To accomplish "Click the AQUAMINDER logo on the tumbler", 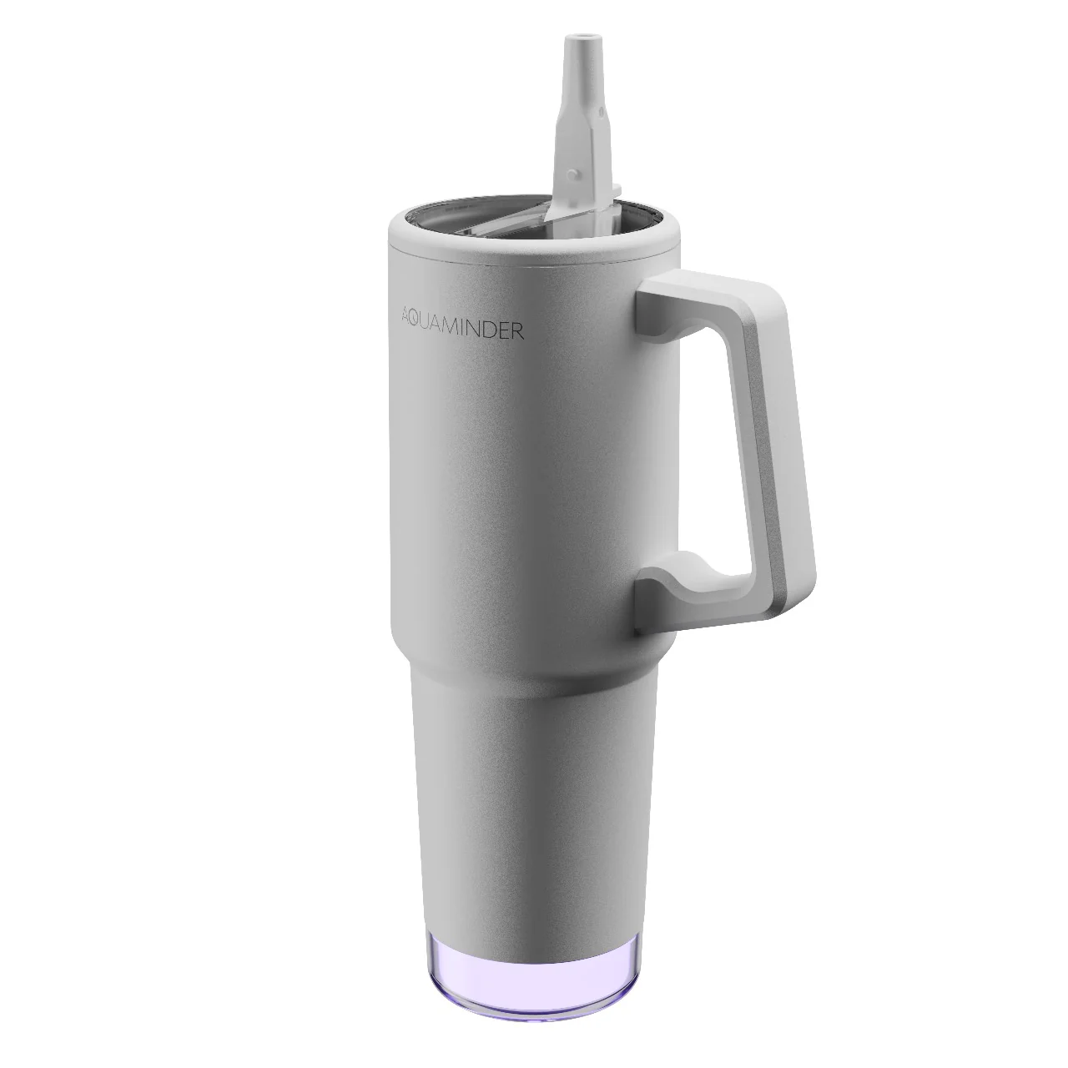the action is point(461,331).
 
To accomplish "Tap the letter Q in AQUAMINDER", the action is point(416,331).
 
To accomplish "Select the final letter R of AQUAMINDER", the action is point(517,331).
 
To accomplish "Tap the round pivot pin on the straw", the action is point(575,174).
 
